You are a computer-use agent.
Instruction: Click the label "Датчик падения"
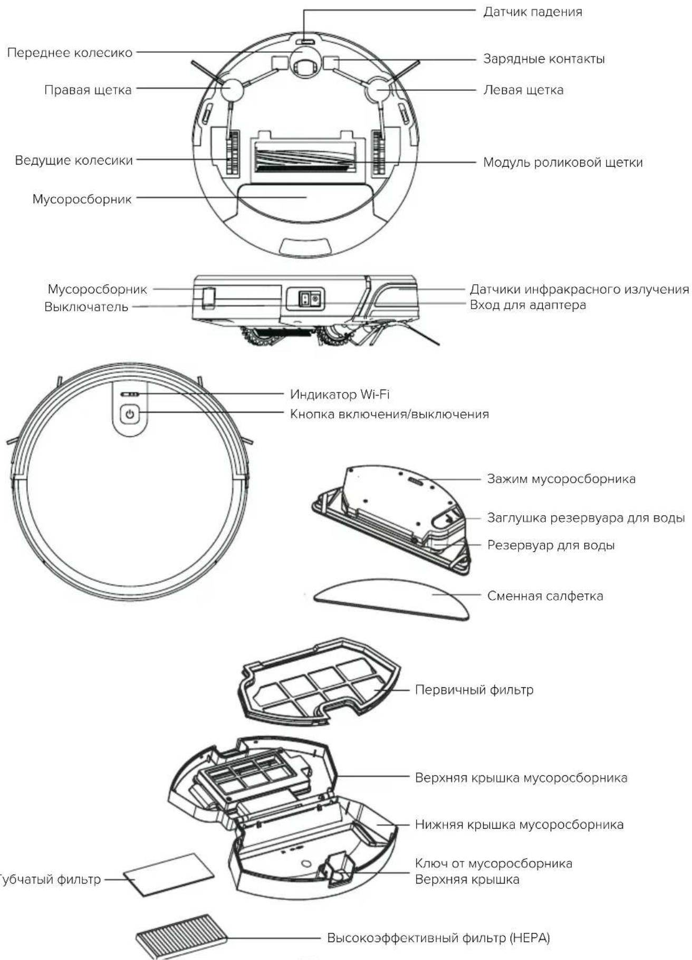point(533,12)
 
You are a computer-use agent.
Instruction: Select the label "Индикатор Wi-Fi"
point(340,394)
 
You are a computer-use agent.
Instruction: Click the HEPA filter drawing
point(182,937)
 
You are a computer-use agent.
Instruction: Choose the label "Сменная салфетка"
point(545,596)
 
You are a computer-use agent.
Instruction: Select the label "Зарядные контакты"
point(544,59)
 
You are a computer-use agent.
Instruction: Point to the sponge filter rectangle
point(169,875)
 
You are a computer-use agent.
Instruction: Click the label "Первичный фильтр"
point(474,690)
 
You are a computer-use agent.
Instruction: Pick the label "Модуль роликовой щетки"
point(563,162)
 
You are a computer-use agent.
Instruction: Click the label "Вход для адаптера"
point(527,305)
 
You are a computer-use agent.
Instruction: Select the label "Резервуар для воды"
point(551,545)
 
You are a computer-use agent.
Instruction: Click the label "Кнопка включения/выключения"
point(389,414)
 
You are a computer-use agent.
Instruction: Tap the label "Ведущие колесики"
point(74,160)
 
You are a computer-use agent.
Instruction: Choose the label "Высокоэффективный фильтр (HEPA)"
point(438,938)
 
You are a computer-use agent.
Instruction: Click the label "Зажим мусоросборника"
point(561,479)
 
